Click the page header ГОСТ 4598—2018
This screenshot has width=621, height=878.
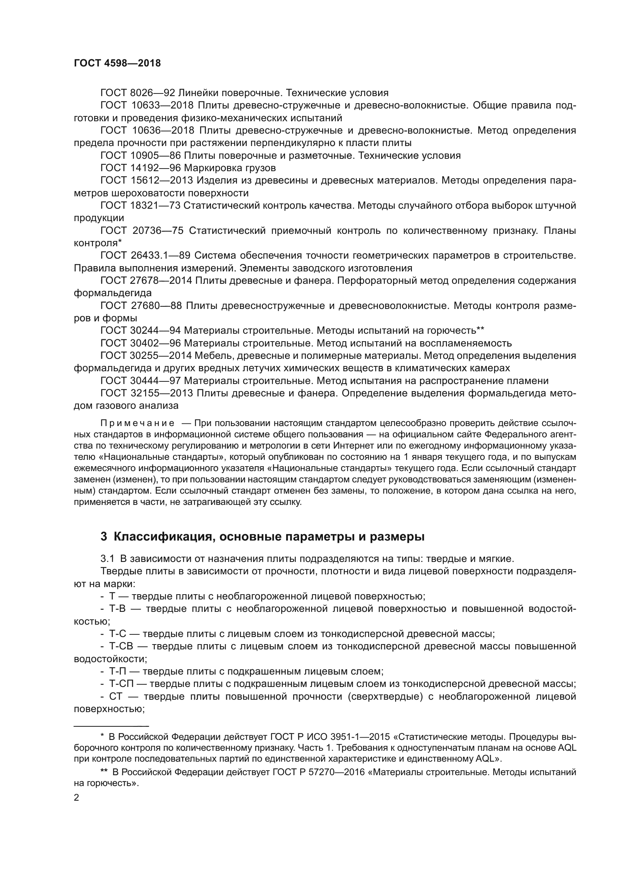click(x=117, y=63)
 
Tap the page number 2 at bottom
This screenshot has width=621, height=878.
click(x=76, y=798)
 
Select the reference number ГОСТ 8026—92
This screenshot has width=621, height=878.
click(x=137, y=93)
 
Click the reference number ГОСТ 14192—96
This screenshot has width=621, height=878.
click(x=140, y=168)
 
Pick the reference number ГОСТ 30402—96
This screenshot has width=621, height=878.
click(x=140, y=343)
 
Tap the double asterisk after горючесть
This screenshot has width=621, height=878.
click(x=480, y=329)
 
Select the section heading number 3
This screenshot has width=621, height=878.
click(x=104, y=537)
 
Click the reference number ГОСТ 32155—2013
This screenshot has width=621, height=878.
click(x=146, y=393)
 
